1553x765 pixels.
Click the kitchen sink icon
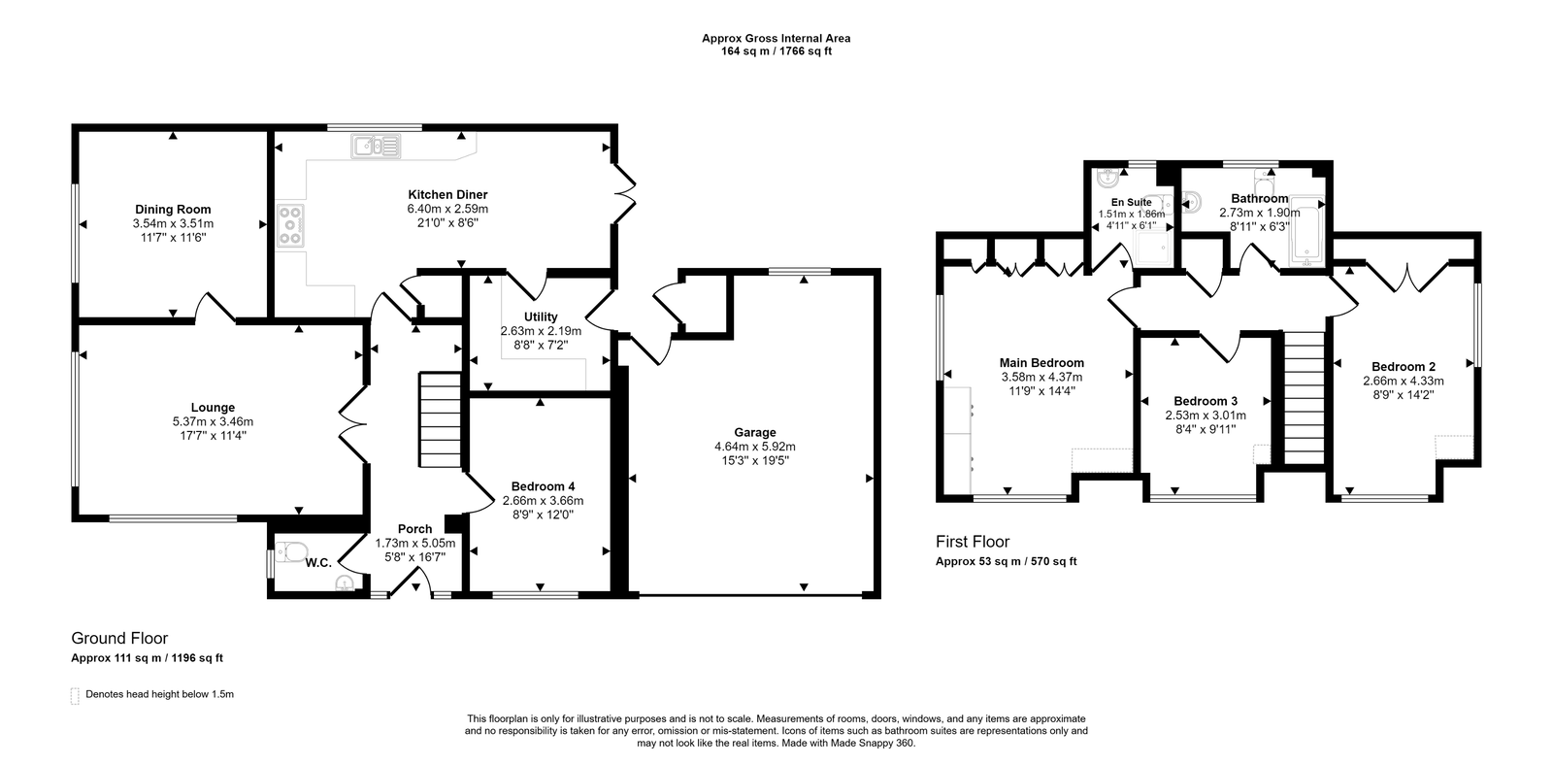376,147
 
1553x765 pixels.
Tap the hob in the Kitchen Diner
290,224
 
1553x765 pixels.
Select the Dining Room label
173,209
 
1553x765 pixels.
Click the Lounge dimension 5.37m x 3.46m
213,421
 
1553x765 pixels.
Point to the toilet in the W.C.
291,552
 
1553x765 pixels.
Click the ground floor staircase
440,419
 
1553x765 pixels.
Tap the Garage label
755,432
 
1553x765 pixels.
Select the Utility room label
541,316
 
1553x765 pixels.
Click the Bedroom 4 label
543,486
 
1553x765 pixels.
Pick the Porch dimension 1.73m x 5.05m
415,543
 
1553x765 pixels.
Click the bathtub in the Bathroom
1306,231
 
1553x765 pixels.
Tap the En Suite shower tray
1153,249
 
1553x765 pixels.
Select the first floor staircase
1305,397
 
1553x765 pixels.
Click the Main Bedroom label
1041,362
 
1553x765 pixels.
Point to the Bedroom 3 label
1206,401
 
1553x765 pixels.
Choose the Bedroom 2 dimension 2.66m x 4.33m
1404,381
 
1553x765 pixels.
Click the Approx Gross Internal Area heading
776,38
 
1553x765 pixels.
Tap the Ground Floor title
119,638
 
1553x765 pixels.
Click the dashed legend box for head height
75,696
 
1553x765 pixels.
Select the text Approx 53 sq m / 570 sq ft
1006,562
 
